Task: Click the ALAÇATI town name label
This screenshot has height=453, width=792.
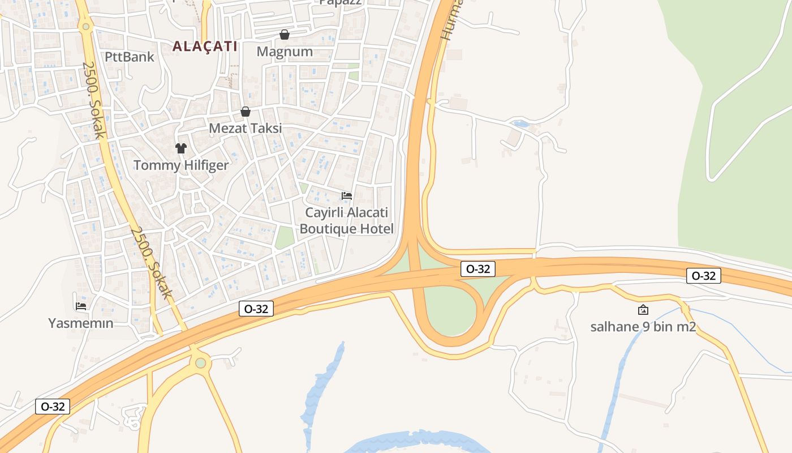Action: (x=205, y=46)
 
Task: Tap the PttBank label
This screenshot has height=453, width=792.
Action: (x=130, y=57)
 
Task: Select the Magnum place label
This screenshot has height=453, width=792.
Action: (x=285, y=52)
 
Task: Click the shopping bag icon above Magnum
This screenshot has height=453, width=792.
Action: (x=285, y=35)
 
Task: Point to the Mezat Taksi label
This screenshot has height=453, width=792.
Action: (x=246, y=129)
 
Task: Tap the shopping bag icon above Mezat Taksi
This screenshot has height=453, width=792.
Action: (x=246, y=112)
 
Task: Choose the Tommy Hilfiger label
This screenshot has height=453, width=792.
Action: (x=181, y=165)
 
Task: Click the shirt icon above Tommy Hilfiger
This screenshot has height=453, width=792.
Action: (x=181, y=148)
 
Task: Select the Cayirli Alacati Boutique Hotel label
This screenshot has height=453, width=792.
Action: (x=347, y=221)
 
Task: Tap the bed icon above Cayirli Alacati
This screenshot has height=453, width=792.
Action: (x=347, y=196)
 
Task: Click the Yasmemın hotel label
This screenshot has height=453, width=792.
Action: (x=81, y=323)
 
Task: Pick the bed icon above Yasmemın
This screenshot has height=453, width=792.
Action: (x=81, y=306)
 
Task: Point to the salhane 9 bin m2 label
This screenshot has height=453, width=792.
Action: (x=643, y=327)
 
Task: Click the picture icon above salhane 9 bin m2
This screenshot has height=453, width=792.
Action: (x=643, y=310)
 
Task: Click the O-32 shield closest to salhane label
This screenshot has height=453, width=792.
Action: (x=704, y=276)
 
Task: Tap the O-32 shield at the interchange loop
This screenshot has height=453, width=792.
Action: (x=479, y=268)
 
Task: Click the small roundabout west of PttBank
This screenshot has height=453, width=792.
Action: (x=86, y=26)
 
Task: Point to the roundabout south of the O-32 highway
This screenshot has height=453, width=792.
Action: (x=200, y=362)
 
